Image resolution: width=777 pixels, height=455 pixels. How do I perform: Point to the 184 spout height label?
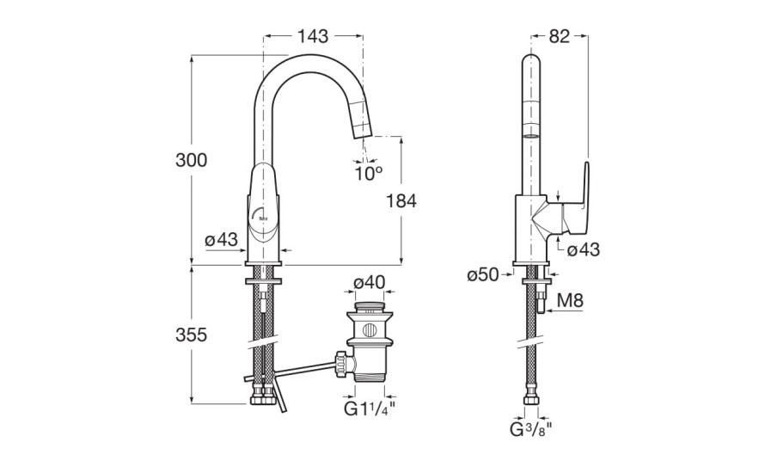[x=401, y=201]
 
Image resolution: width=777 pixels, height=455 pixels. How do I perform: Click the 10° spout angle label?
[x=367, y=173]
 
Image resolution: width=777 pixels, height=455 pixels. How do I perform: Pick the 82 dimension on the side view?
[x=560, y=36]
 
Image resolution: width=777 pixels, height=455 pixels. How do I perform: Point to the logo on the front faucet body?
[x=262, y=218]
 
